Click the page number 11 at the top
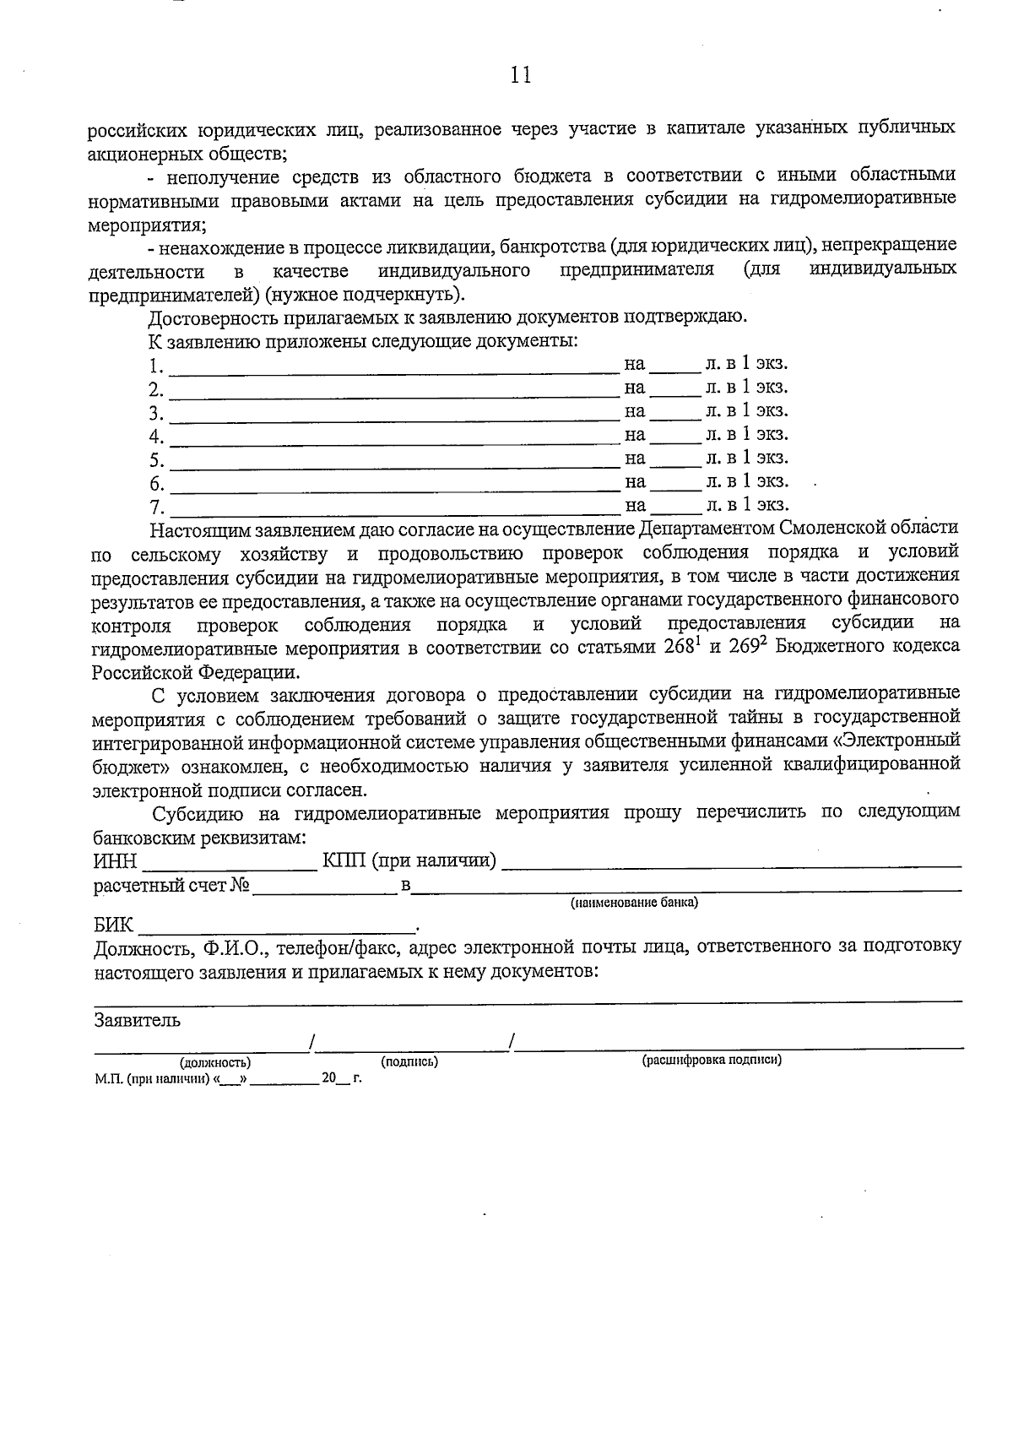(521, 75)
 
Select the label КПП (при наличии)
(409, 860)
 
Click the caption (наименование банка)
(634, 903)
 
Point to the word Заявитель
(137, 1020)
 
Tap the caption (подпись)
(409, 1061)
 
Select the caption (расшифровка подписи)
(712, 1059)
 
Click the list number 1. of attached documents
(155, 366)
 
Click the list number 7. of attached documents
(156, 507)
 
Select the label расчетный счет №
(172, 885)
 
